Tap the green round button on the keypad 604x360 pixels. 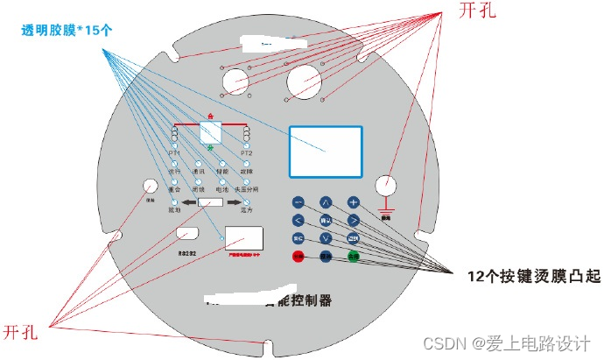coord(354,257)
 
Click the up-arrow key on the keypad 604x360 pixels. coord(326,201)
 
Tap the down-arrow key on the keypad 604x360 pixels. coord(326,238)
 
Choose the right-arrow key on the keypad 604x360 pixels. coord(354,220)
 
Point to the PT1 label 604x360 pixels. coord(174,152)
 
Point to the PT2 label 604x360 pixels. coord(247,152)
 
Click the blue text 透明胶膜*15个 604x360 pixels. coord(69,29)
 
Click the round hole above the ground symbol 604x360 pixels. coord(386,186)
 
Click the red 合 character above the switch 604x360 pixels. coord(211,116)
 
